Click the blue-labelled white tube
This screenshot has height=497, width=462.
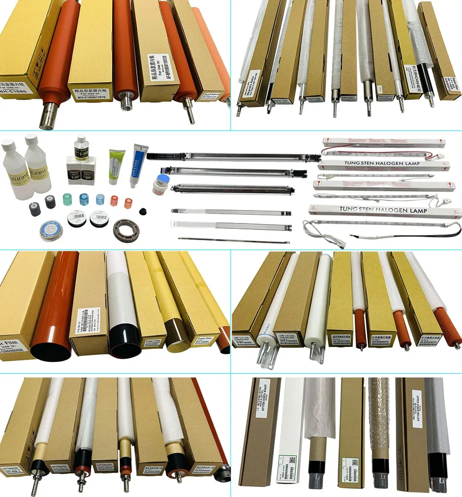tap(137, 164)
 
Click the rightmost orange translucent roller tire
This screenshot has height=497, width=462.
tap(128, 201)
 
